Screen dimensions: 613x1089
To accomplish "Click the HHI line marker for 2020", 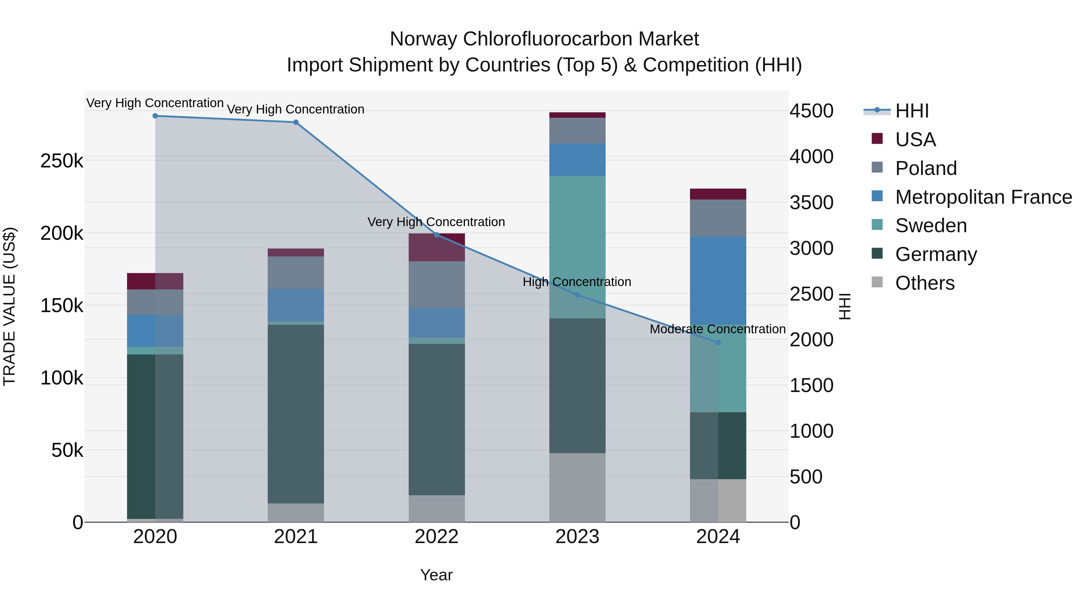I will [x=155, y=116].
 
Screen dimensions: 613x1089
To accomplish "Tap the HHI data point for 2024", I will [x=718, y=343].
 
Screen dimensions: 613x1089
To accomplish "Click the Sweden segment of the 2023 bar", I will [x=577, y=247].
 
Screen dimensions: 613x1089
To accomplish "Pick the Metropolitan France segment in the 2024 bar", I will [x=718, y=281].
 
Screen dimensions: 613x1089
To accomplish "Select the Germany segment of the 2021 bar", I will [x=296, y=414].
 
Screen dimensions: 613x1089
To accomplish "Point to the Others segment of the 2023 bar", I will [x=577, y=487].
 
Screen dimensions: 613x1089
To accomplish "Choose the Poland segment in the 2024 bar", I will [x=718, y=218].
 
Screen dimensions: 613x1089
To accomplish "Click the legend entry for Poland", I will [x=926, y=168].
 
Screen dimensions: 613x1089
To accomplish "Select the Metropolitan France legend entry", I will [x=983, y=197].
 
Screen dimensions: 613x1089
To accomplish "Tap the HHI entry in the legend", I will [x=912, y=111].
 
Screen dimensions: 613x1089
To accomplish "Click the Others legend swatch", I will [x=877, y=282].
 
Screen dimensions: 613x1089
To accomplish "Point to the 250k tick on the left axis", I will [x=62, y=161].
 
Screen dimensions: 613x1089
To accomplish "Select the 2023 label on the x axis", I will [x=577, y=537].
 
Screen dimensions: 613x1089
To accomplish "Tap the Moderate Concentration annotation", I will [x=718, y=329].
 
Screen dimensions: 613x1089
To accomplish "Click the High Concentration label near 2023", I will [x=577, y=282].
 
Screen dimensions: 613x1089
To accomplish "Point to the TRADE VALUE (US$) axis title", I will [x=9, y=306].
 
